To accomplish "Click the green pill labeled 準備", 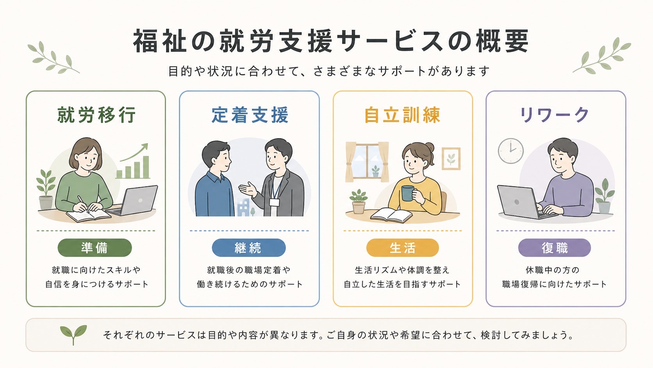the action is pyautogui.click(x=95, y=248).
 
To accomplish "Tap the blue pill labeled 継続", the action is pyautogui.click(x=249, y=248).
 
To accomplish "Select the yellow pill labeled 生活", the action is pyautogui.click(x=402, y=248).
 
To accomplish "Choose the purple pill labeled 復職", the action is pyautogui.click(x=555, y=248).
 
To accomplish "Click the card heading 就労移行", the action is pyautogui.click(x=96, y=115).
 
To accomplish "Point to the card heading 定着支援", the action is pyautogui.click(x=250, y=115).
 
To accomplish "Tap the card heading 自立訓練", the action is pyautogui.click(x=402, y=115).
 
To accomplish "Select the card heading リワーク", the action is pyautogui.click(x=555, y=115).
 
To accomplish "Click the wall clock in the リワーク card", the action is pyautogui.click(x=511, y=151).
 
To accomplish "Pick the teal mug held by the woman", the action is pyautogui.click(x=408, y=193).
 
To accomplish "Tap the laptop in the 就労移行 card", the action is pyautogui.click(x=133, y=201).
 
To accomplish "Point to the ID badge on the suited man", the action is pyautogui.click(x=274, y=202).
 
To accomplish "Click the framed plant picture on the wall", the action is pyautogui.click(x=451, y=159).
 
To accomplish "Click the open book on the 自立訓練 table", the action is pyautogui.click(x=391, y=215).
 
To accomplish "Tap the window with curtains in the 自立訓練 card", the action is pyautogui.click(x=367, y=162).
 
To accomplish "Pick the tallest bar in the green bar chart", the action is pyautogui.click(x=146, y=167).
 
